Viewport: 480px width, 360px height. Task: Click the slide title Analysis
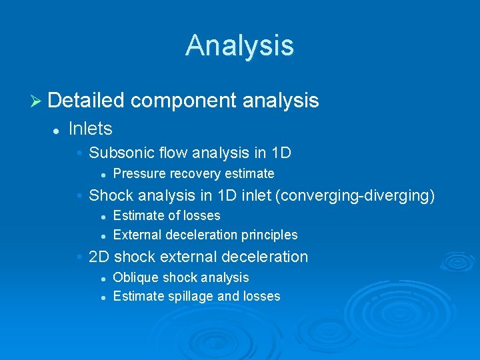[x=239, y=45]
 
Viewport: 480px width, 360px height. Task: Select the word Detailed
[x=86, y=101]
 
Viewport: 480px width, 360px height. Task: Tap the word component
[x=184, y=101]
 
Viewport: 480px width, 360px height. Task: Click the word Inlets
[x=90, y=128]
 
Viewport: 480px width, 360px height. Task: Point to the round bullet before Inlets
[x=58, y=129]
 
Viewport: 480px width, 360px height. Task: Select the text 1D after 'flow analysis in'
[x=281, y=153]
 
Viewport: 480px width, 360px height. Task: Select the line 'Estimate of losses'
[x=167, y=215]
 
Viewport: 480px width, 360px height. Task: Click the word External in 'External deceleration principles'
[x=138, y=235]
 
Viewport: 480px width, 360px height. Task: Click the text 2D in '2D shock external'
[x=99, y=257]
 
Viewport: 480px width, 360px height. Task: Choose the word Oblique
[x=136, y=277]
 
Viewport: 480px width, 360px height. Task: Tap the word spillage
[x=189, y=297]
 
